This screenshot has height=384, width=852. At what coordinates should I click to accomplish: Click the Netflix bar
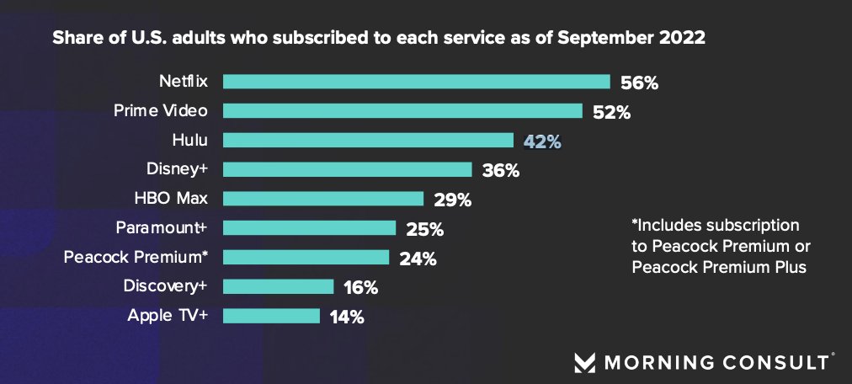417,82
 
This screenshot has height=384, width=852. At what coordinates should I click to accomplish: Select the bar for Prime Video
402,111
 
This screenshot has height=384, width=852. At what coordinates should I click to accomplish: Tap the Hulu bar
368,141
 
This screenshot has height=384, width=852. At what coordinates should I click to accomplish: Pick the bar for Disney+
348,169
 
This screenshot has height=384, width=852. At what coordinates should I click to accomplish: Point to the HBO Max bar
323,199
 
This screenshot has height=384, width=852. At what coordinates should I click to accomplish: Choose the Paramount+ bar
309,228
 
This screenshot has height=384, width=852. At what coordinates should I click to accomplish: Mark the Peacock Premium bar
306,257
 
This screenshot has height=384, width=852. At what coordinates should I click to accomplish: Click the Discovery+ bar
279,286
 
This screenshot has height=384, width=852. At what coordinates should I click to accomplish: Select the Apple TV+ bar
271,316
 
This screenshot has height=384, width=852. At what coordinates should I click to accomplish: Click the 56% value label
639,83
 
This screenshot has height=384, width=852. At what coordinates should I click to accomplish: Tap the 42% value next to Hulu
542,141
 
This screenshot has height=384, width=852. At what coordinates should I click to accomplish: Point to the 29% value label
452,200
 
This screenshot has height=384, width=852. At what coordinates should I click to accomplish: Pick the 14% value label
346,317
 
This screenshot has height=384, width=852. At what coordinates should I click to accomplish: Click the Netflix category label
184,82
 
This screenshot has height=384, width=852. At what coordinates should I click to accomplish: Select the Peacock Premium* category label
136,257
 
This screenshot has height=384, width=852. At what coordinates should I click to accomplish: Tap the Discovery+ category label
165,286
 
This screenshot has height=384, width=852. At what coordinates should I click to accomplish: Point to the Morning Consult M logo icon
584,363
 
